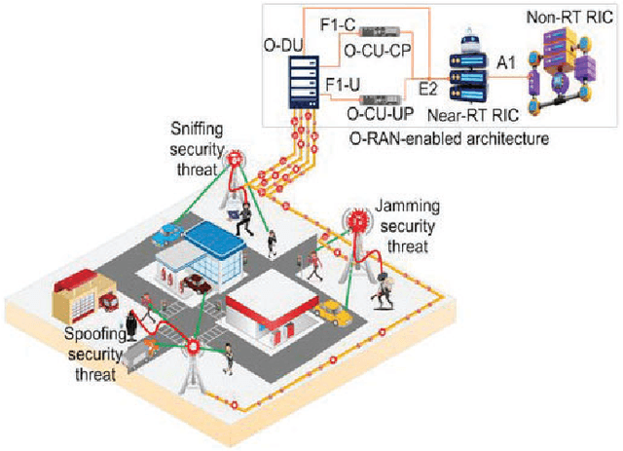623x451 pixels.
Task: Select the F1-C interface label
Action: coord(340,17)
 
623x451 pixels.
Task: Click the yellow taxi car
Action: coord(334,313)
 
